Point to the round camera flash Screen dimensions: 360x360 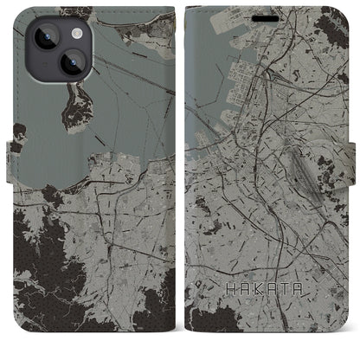click(75, 32)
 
